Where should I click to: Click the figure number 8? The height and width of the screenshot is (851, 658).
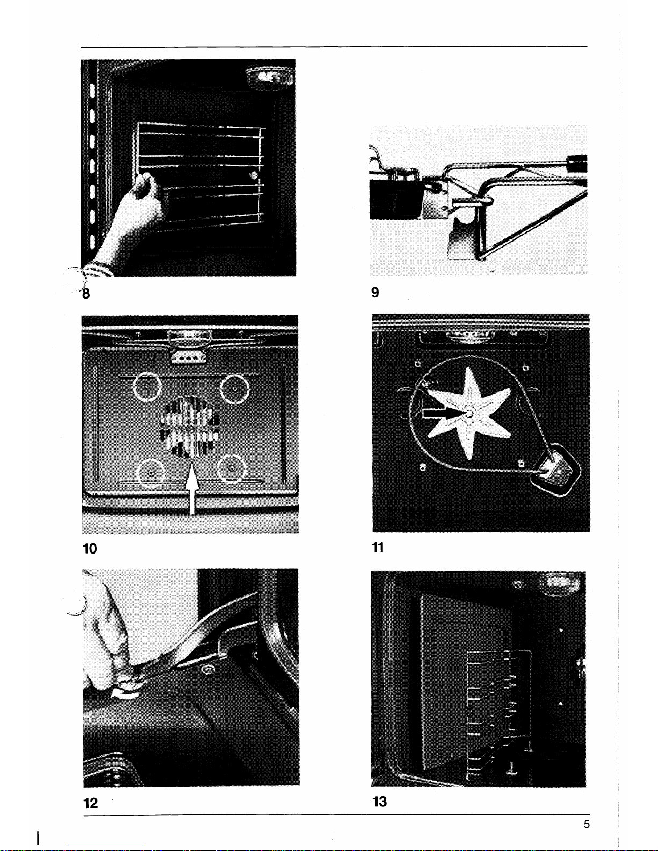[x=86, y=293]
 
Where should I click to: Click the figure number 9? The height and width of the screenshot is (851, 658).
[x=375, y=292]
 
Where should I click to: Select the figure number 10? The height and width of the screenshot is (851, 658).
[x=90, y=548]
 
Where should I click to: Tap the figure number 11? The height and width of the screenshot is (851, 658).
[x=378, y=547]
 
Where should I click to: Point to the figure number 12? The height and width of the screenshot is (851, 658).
[x=90, y=803]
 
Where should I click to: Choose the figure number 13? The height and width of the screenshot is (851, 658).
[x=380, y=802]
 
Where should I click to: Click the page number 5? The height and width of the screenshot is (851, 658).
[x=587, y=824]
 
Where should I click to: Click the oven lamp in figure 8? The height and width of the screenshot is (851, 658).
[x=269, y=77]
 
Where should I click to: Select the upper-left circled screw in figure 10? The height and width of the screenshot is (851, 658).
[x=147, y=386]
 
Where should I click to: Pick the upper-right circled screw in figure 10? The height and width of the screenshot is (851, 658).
[x=234, y=389]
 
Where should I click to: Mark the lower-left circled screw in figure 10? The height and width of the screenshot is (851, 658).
[x=151, y=473]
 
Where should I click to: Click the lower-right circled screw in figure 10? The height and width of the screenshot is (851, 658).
[x=232, y=468]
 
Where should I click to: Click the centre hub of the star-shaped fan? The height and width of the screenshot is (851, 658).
[x=469, y=412]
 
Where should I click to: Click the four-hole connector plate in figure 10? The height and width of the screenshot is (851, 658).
[x=189, y=358]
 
